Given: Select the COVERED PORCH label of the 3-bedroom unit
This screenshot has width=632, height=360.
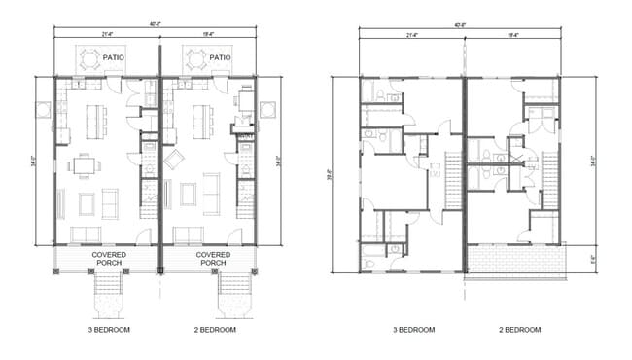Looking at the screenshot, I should [x=107, y=259].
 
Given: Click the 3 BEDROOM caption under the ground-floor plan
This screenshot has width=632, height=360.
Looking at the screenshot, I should [x=108, y=331].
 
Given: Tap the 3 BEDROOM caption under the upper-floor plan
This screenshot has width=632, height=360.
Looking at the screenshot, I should [x=412, y=331].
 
